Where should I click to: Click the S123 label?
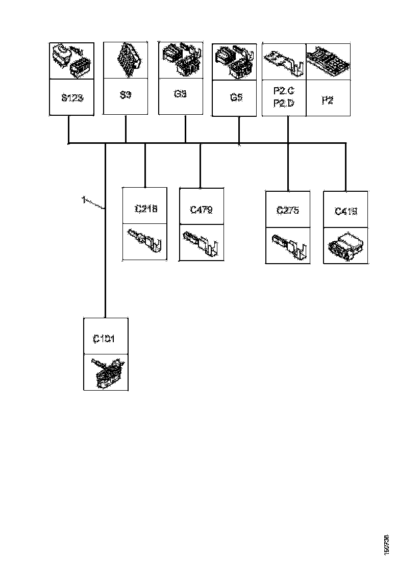(x=71, y=97)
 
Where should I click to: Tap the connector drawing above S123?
(x=71, y=61)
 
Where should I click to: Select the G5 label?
(x=235, y=98)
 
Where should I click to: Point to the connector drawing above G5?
(x=234, y=62)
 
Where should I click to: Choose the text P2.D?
(x=283, y=104)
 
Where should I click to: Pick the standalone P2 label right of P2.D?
(x=328, y=100)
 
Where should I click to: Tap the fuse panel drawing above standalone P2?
(x=328, y=61)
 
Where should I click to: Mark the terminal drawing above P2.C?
(x=283, y=61)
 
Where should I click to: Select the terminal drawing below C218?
(x=145, y=242)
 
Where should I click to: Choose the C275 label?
(x=288, y=210)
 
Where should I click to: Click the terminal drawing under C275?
(x=288, y=245)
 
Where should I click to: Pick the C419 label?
(x=345, y=211)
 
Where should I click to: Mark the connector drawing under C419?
(x=345, y=245)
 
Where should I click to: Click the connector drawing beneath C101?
(x=106, y=372)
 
